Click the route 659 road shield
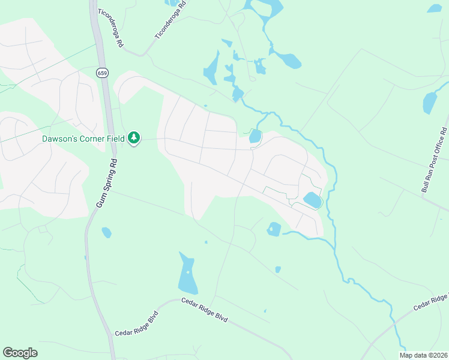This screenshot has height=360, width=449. [102, 72]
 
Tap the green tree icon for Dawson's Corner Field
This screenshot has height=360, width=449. [134, 139]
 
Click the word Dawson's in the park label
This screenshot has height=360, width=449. [60, 139]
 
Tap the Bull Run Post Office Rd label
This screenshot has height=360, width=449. [434, 160]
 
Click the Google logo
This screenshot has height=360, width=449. [20, 352]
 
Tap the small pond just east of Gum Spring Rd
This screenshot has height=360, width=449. [107, 232]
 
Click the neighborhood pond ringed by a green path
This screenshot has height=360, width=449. [312, 200]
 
